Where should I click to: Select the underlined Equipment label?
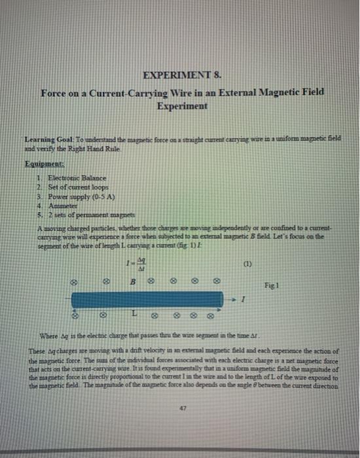[x=42, y=166]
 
